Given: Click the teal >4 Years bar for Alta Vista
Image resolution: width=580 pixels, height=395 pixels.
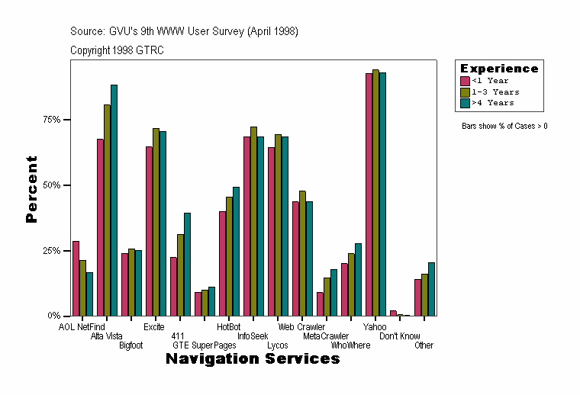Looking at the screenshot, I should pos(114,201).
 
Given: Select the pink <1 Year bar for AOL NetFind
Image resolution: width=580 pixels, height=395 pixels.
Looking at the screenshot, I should pos(76,278).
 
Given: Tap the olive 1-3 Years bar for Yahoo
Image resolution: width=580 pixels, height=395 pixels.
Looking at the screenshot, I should pos(375,192).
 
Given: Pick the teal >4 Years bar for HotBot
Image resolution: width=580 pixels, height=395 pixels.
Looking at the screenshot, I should pos(236,252).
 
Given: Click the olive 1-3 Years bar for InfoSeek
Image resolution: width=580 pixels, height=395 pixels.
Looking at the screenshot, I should pos(253,221).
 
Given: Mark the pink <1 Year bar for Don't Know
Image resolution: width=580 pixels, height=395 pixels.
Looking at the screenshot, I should pos(393,313).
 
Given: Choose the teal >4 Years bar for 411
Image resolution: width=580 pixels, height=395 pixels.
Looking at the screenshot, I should pos(187,265).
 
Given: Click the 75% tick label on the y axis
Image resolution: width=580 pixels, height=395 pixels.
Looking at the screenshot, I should pos(52,120).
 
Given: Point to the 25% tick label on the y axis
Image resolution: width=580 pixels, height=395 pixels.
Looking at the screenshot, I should pos(52,251).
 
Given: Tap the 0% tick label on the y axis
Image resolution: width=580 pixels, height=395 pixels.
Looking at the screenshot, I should pos(54,316).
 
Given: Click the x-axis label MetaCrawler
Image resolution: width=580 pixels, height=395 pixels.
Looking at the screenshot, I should pos(325,336).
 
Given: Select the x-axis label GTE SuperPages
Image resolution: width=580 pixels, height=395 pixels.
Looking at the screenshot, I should pos(204,345).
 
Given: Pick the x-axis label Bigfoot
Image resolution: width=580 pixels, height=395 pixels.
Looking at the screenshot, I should pos(130,345).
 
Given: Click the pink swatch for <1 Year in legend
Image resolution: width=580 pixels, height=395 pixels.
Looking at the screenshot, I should pos(465,80).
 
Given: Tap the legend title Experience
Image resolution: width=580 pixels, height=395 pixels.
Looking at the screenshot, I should pos(499,69).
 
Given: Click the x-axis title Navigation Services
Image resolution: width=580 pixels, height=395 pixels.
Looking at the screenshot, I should pos(253,359).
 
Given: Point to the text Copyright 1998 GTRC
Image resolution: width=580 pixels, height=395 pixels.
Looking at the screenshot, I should pos(117,50).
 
